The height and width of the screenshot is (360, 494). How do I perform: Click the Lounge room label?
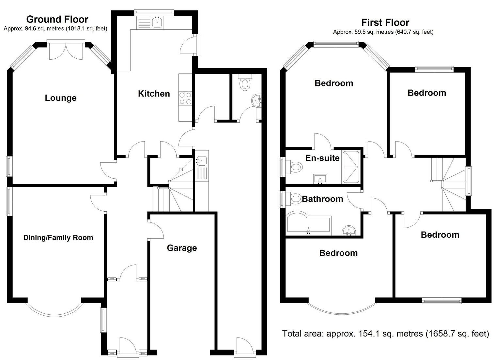coord(61,98)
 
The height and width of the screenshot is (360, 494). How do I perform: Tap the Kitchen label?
coord(154,94)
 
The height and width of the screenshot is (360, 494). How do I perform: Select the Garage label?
coord(182,248)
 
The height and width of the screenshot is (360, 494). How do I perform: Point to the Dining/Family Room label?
coord(58,238)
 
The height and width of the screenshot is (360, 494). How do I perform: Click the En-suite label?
coord(322,158)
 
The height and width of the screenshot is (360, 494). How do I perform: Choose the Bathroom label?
coord(322,199)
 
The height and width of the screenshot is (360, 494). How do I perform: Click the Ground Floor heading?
coord(57,19)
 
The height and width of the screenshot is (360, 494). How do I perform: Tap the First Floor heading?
coord(385,22)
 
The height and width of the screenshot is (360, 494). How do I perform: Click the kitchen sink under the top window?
coord(157,22)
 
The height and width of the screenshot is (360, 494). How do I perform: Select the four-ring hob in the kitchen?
coord(185,98)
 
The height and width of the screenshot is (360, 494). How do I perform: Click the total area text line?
coord(385,334)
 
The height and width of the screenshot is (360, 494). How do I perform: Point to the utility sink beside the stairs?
coord(201,160)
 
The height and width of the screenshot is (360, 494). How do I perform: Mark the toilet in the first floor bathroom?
coord(295,198)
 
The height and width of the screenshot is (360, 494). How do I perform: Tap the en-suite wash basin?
coord(320,179)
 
